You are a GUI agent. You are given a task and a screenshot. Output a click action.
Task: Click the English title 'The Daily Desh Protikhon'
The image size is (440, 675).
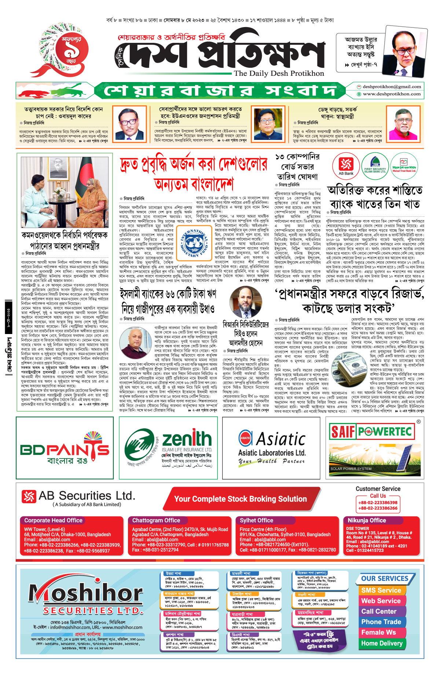(x=279, y=73)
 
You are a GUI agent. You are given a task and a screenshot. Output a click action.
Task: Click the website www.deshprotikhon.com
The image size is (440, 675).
(x=392, y=94)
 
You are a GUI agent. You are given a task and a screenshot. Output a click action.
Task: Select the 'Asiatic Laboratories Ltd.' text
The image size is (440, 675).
(x=272, y=453)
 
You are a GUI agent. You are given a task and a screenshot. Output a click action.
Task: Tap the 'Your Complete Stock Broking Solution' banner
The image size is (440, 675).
(x=240, y=499)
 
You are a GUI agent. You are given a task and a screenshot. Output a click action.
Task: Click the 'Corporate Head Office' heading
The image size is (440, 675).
(x=53, y=520)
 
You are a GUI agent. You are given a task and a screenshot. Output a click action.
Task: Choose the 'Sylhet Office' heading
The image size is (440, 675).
(x=256, y=520)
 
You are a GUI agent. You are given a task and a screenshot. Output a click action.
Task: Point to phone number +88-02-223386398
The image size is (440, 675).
(x=378, y=502)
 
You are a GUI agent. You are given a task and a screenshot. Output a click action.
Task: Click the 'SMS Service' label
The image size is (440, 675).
(x=381, y=590)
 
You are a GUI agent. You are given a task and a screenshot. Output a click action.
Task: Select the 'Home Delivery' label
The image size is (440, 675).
(x=382, y=643)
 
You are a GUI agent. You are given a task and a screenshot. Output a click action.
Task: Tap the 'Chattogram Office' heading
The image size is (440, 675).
(x=156, y=520)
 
